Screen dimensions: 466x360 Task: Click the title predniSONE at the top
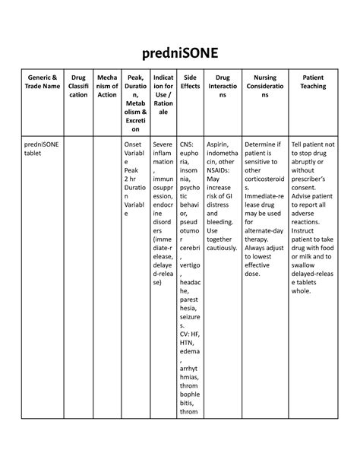(179, 52)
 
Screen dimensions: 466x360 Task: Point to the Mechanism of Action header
(106, 86)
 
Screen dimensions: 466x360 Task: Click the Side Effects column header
(191, 81)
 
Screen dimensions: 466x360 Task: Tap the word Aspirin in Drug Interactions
(218, 144)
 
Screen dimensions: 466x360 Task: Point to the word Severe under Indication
(163, 144)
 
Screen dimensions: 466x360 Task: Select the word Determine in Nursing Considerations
(258, 144)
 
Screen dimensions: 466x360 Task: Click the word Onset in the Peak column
(134, 144)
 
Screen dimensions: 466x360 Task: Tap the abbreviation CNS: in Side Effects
(187, 144)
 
